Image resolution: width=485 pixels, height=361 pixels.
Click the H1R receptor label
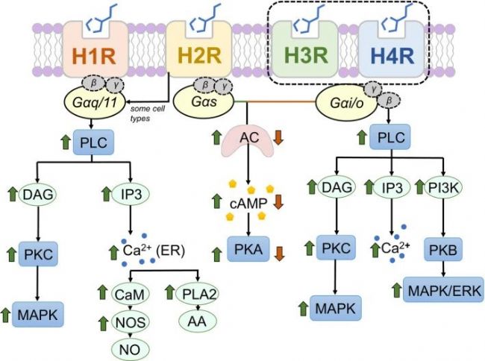pyautogui.click(x=94, y=56)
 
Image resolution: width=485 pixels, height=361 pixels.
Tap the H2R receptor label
pyautogui.click(x=199, y=56)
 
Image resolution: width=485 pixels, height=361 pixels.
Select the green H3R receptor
pyautogui.click(x=305, y=49)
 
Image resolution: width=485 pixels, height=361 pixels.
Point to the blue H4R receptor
pyautogui.click(x=392, y=49)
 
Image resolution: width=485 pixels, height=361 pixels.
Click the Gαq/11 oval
pyautogui.click(x=95, y=103)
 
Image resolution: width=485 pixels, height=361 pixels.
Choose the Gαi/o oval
pyautogui.click(x=346, y=103)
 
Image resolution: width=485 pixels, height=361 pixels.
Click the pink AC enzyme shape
pyautogui.click(x=248, y=141)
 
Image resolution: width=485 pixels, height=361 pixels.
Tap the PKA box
pyautogui.click(x=248, y=249)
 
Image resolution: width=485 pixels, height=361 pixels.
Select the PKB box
pyautogui.click(x=443, y=249)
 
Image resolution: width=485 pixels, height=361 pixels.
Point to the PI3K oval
pyautogui.click(x=443, y=187)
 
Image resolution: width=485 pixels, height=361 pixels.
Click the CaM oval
pyautogui.click(x=130, y=294)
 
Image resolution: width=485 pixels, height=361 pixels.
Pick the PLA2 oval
pyautogui.click(x=198, y=293)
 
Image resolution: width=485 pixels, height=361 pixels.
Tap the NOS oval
pyautogui.click(x=131, y=322)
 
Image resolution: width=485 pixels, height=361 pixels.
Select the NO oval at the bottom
pyautogui.click(x=131, y=350)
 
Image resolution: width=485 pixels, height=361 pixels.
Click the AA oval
pyautogui.click(x=197, y=321)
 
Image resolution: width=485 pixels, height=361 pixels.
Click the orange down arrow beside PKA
pyautogui.click(x=279, y=254)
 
